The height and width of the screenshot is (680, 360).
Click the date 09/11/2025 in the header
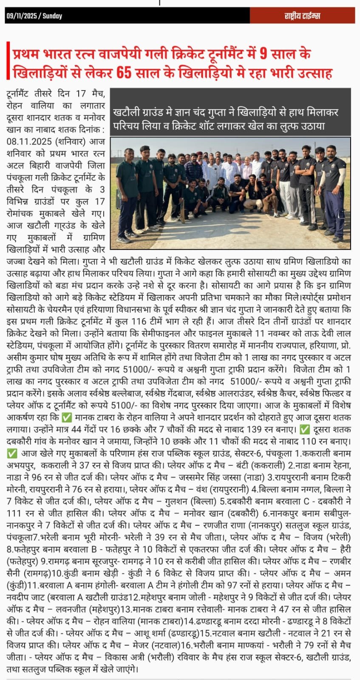(x=22, y=16)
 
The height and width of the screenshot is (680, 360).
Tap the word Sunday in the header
(x=52, y=16)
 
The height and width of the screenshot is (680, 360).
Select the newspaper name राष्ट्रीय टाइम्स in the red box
(x=302, y=16)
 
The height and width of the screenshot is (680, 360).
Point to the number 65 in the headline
(x=124, y=73)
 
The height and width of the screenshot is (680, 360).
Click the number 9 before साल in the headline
(x=264, y=54)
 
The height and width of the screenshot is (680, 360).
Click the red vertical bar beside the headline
(x=9, y=60)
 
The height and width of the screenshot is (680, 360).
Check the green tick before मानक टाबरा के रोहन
(x=67, y=417)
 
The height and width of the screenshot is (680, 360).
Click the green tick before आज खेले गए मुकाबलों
(x=12, y=453)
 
